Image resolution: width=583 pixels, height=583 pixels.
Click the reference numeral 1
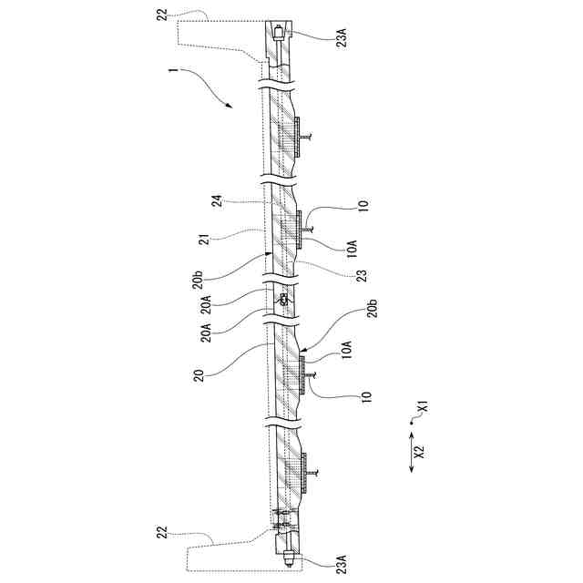[172, 70]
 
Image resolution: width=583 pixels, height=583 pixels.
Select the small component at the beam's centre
[284, 299]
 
